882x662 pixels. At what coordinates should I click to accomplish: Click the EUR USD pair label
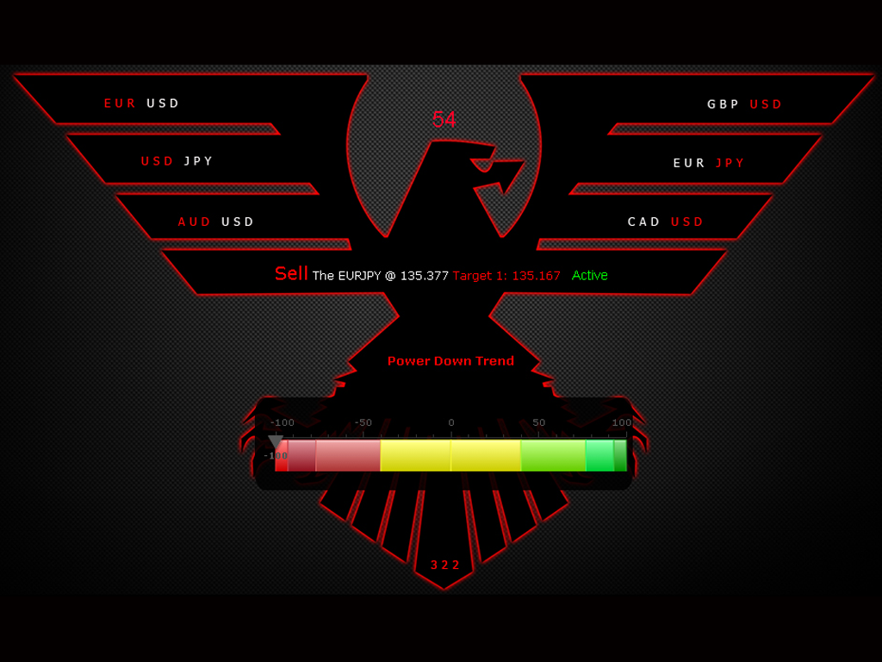point(142,103)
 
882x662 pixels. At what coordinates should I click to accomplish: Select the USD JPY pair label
point(177,161)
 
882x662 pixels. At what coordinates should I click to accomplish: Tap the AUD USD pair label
point(216,222)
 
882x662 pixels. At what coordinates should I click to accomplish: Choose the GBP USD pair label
point(745,104)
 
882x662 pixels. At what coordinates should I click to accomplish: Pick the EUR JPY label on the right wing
point(709,163)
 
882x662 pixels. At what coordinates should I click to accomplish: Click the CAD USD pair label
point(666,222)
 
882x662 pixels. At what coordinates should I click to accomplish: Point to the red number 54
point(444,120)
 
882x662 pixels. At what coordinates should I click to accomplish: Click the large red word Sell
point(291,274)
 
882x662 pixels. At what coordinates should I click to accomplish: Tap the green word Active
point(590,276)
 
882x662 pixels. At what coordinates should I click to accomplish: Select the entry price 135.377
point(425,276)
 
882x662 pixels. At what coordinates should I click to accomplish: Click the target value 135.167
point(536,276)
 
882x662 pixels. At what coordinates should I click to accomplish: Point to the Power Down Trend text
point(450,361)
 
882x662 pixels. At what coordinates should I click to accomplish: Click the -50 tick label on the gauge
point(363,423)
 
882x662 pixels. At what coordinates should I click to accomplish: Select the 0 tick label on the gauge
point(450,423)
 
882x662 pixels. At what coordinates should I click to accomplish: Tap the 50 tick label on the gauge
point(538,423)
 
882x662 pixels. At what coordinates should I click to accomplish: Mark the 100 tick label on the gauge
point(621,423)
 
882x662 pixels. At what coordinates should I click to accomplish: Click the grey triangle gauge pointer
point(276,442)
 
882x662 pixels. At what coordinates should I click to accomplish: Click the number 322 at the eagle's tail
point(445,565)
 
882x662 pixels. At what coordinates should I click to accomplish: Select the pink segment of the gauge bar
point(348,455)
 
